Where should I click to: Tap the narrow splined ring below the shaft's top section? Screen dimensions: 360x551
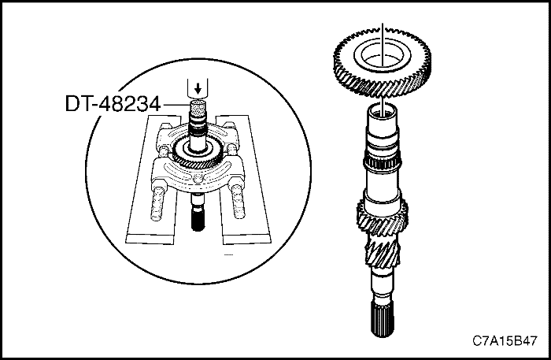click(382, 166)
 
